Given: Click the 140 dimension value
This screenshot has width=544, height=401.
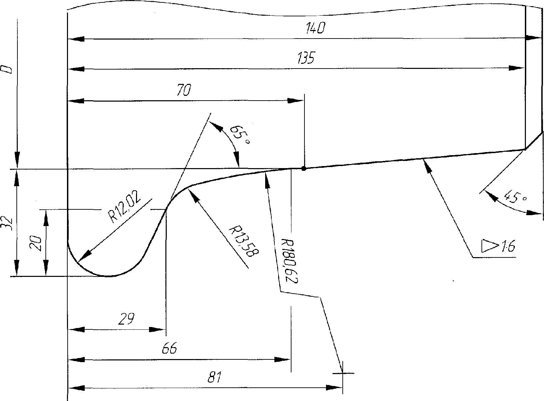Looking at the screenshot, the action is point(315,28).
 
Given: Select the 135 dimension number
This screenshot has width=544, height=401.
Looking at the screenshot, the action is point(305,58).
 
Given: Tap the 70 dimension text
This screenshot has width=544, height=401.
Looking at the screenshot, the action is point(183,90).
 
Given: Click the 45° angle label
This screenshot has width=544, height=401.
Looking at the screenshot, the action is point(515,197).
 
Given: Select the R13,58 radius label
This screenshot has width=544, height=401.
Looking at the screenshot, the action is point(244,242).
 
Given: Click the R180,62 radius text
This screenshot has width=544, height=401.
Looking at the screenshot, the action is point(289,261).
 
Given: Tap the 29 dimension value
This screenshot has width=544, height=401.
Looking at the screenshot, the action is point(126,319).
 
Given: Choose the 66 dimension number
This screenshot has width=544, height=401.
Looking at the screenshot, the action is point(169,348).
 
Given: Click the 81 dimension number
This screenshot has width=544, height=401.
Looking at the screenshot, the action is point(214,377).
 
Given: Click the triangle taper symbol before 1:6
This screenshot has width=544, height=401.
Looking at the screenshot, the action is point(488,246).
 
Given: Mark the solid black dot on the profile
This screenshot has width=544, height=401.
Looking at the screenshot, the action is point(304,168).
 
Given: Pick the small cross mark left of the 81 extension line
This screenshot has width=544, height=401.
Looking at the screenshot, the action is point(342,373).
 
